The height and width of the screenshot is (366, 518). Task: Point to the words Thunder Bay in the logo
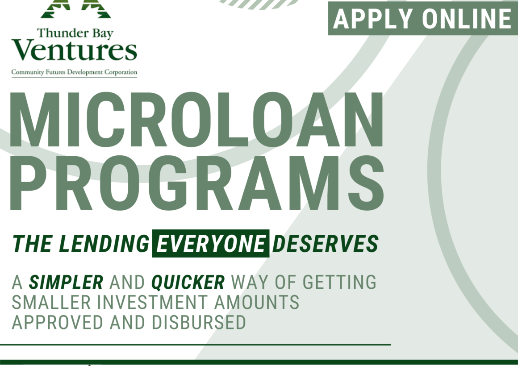[x=75, y=33]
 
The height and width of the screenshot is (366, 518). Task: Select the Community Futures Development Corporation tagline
[x=74, y=72]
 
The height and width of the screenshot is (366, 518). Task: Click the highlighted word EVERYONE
[x=211, y=243]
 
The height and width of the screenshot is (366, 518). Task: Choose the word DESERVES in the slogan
[x=325, y=243]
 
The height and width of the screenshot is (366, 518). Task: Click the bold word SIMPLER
[x=66, y=283]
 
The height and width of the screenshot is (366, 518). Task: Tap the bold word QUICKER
[x=188, y=283]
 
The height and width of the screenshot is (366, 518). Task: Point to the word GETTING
[x=340, y=283]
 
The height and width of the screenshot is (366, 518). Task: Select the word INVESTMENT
[x=152, y=302]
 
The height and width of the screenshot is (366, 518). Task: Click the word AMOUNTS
[x=257, y=302]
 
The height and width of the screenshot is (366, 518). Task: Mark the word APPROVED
[x=58, y=322]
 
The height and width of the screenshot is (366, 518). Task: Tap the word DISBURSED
[x=199, y=322]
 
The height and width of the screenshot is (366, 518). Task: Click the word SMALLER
[x=51, y=302]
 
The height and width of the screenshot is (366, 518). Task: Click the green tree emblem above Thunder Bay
[x=75, y=9]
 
